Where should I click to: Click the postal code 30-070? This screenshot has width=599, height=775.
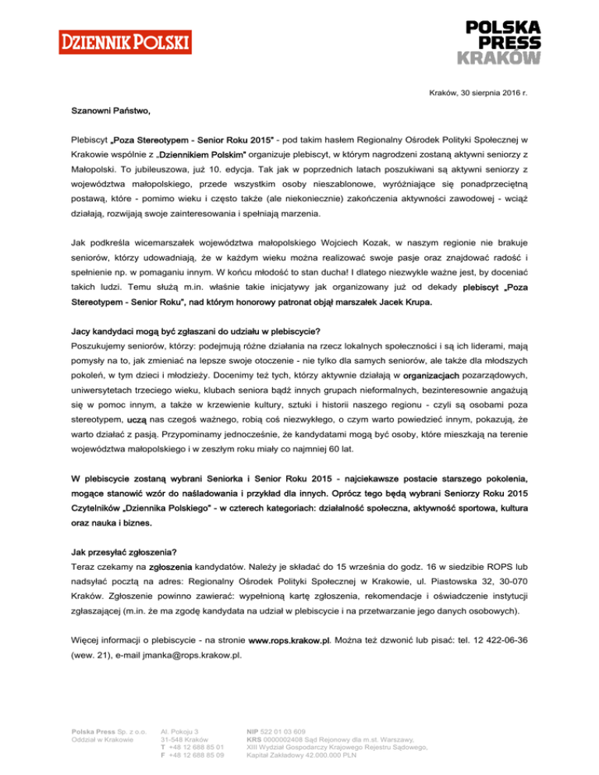pyautogui.click(x=514, y=581)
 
